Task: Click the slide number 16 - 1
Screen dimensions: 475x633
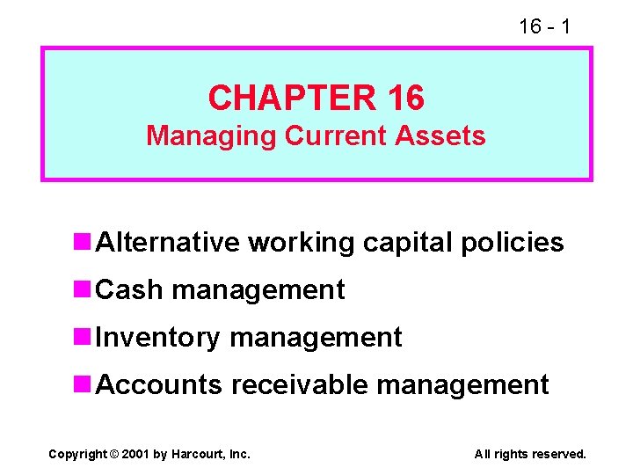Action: (544, 26)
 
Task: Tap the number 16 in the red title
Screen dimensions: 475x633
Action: (404, 98)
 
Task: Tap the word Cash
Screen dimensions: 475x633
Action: (129, 289)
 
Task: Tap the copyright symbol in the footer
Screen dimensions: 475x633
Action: (113, 454)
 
